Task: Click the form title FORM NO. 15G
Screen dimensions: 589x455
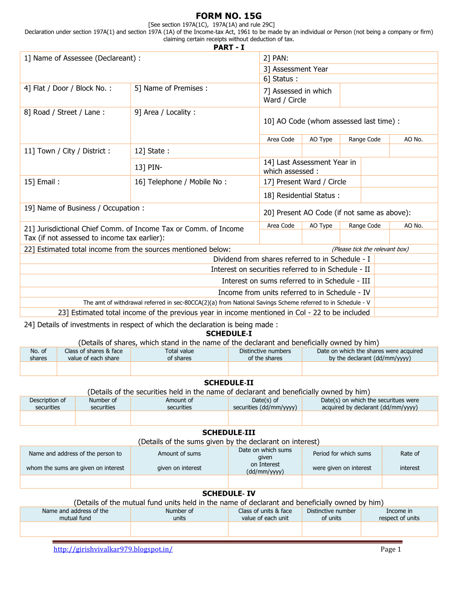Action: (x=228, y=16)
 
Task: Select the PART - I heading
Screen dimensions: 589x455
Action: (x=228, y=47)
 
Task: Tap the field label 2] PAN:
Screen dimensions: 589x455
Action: (x=276, y=58)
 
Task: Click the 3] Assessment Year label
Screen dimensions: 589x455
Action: (x=295, y=69)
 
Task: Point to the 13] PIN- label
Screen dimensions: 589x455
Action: (x=148, y=168)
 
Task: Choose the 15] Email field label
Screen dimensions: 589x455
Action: (x=42, y=182)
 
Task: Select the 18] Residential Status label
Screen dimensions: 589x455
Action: (x=301, y=196)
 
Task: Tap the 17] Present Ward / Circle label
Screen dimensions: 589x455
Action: (x=304, y=182)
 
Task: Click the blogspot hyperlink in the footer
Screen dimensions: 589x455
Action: (x=113, y=549)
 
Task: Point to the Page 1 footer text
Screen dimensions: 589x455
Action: (x=390, y=549)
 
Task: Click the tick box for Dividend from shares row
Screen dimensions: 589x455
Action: (x=405, y=259)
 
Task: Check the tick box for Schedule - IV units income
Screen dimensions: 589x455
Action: (x=405, y=292)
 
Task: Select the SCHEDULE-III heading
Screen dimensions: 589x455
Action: (x=228, y=433)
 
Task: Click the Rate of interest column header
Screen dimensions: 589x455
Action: (x=409, y=461)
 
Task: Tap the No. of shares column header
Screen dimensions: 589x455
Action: (x=38, y=355)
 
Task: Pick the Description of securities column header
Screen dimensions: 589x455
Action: (x=47, y=404)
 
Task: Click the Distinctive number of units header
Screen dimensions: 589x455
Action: (x=331, y=514)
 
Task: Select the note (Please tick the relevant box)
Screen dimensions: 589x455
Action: (x=370, y=249)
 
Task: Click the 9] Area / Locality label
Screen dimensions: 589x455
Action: (x=165, y=112)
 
